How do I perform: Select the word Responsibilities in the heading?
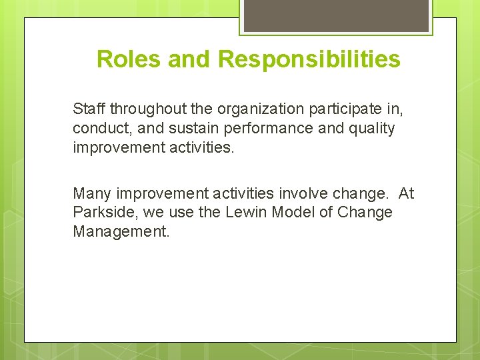309,59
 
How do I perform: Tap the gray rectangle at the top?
335,15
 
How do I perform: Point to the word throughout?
142,108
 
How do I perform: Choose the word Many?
92,193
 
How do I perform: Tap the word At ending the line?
406,193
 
